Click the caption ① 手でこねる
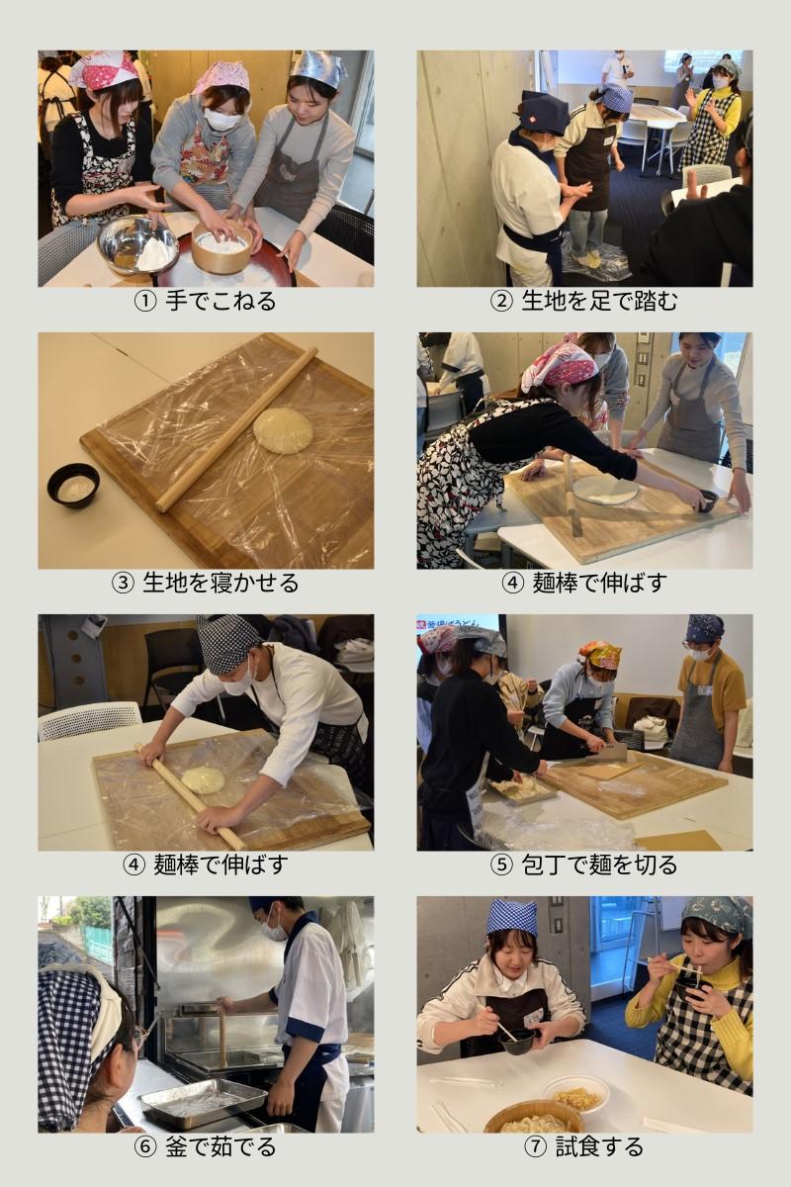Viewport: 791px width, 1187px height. tap(205, 301)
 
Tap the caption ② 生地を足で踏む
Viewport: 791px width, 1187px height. tap(583, 301)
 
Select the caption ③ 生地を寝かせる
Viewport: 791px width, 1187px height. tap(205, 583)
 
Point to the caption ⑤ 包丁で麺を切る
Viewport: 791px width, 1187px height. tap(583, 865)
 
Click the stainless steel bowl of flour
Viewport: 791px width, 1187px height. tap(138, 245)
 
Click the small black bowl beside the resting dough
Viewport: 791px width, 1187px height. tap(73, 486)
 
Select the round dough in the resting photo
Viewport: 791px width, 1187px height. tap(283, 429)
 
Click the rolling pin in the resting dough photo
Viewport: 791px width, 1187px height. tap(237, 428)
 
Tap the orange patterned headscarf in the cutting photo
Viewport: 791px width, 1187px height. tap(598, 655)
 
